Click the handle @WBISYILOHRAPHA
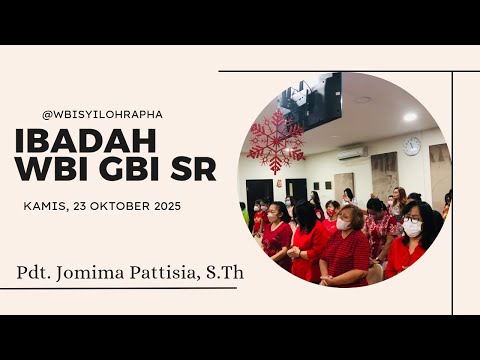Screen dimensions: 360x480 [x=102, y=114]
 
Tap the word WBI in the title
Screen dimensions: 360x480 [x=51, y=170]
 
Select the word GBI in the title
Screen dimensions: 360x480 [x=130, y=170]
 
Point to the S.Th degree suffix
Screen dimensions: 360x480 [x=227, y=271]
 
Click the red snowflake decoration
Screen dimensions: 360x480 [x=275, y=140]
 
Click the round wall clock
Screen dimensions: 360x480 [x=412, y=146]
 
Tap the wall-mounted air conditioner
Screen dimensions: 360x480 [x=351, y=154]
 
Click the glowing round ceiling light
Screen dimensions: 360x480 [x=410, y=116]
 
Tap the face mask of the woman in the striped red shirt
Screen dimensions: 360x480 [x=344, y=224]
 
